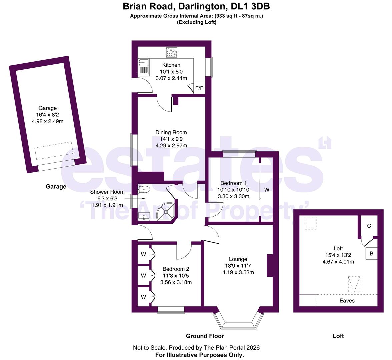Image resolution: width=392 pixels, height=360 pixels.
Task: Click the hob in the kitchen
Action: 171,53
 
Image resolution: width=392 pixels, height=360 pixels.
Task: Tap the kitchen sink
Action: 143,67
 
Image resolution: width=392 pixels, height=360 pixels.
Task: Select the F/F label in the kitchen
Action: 199,88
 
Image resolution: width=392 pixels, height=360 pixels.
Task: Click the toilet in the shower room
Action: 144,189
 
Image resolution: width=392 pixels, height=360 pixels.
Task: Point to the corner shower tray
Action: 166,211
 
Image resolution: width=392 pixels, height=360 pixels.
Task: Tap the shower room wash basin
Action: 144,216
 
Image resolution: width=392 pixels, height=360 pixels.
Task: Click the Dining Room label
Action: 171,132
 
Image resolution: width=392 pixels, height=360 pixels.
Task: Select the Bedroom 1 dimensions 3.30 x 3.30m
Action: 233,196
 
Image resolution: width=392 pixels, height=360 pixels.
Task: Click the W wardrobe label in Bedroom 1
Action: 267,190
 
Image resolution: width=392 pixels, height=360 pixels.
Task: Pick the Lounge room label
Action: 238,259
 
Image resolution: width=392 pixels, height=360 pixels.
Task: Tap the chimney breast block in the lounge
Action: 270,265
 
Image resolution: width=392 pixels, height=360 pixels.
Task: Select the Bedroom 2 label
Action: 176,269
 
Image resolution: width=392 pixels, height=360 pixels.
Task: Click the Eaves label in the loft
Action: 347,301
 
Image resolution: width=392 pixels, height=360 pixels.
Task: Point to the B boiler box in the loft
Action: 371,253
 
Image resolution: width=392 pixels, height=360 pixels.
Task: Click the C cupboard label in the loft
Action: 369,226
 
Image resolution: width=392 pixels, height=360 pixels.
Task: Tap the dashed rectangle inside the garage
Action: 54,151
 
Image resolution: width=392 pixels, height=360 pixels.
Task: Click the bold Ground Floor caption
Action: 205,336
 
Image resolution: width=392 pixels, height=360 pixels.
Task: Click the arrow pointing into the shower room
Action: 135,199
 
